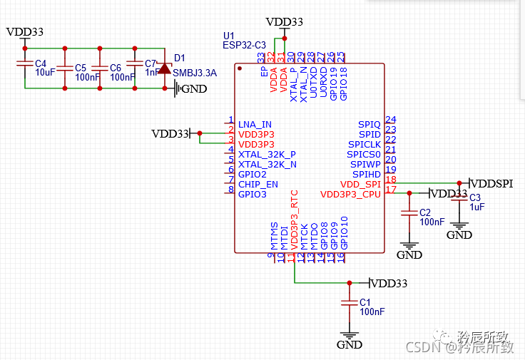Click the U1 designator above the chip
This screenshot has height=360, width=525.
click(228, 35)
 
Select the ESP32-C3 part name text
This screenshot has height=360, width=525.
click(244, 45)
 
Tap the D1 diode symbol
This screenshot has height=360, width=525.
click(165, 68)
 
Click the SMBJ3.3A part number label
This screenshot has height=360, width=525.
click(195, 73)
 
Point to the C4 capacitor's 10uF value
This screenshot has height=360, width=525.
click(45, 73)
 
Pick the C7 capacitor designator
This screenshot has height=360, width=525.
click(151, 63)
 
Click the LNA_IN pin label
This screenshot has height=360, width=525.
click(255, 124)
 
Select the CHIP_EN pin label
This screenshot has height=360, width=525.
click(258, 184)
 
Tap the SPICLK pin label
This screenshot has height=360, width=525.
click(364, 144)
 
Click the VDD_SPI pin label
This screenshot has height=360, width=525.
click(360, 184)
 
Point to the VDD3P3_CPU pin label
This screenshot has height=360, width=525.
click(350, 194)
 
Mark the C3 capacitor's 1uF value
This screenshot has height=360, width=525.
click(477, 207)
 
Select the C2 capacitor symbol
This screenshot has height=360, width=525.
click(409, 212)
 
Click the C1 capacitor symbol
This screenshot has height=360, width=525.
click(349, 302)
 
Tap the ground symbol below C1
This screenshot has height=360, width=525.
click(349, 336)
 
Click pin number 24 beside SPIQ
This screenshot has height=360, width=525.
click(390, 120)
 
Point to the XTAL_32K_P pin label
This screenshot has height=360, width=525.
click(267, 154)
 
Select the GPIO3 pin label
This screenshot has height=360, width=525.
click(253, 194)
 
